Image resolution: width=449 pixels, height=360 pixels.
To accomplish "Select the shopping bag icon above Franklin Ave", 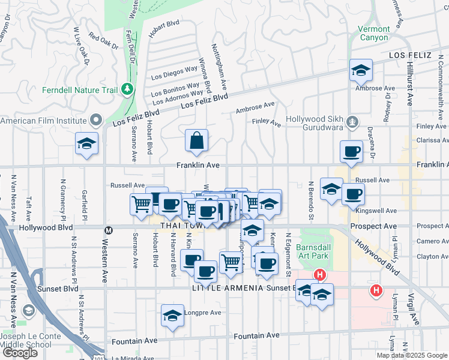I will [x=197, y=142].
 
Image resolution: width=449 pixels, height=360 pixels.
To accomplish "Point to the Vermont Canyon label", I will [x=373, y=33].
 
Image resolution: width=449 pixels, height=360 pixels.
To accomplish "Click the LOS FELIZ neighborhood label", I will [x=411, y=55].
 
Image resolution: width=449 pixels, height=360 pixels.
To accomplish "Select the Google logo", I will [x=20, y=353].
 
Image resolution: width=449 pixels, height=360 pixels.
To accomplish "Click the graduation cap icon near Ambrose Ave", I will [x=361, y=71].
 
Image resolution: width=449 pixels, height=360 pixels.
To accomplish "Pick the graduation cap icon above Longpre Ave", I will [x=172, y=316].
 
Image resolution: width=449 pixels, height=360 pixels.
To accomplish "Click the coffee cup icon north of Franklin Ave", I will [x=351, y=152].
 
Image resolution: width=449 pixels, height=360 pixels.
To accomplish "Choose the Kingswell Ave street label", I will [x=384, y=211].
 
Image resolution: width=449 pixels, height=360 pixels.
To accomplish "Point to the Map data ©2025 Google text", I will [x=412, y=355].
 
